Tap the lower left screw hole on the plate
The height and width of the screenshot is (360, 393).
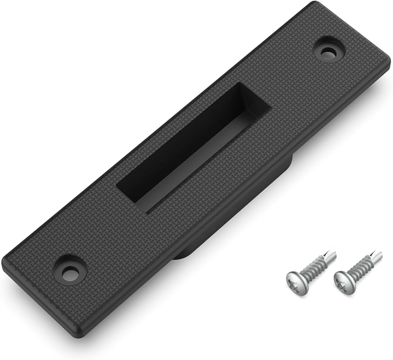pos(69,272)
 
